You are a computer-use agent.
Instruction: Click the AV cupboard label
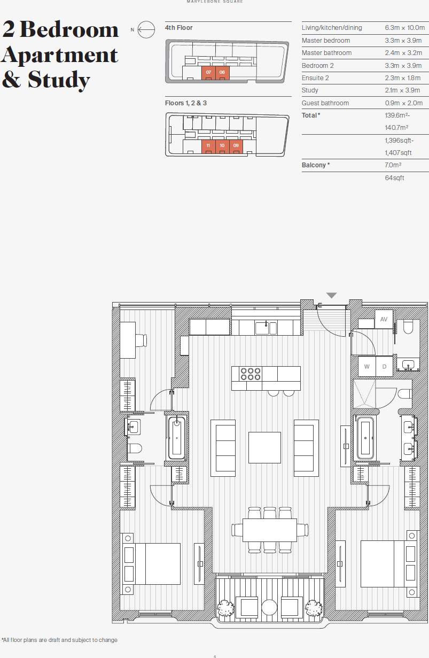click(383, 319)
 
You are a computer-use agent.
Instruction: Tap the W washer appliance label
click(366, 367)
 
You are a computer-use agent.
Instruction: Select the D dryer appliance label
click(384, 367)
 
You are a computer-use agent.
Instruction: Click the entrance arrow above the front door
click(332, 296)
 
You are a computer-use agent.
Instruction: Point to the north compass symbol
click(146, 30)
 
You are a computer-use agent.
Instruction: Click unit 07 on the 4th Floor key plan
click(208, 72)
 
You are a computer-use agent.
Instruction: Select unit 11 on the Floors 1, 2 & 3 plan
click(208, 145)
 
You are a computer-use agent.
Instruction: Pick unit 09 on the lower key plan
click(236, 145)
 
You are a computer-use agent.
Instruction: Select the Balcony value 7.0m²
click(393, 165)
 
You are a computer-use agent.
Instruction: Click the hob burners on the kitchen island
click(251, 373)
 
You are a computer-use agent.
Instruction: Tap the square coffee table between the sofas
click(265, 447)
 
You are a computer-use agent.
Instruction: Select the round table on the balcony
click(269, 607)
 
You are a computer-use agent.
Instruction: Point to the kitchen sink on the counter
click(266, 327)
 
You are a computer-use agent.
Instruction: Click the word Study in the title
click(59, 80)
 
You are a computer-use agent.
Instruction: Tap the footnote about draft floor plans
click(59, 640)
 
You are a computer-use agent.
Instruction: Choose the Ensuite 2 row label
click(315, 78)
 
